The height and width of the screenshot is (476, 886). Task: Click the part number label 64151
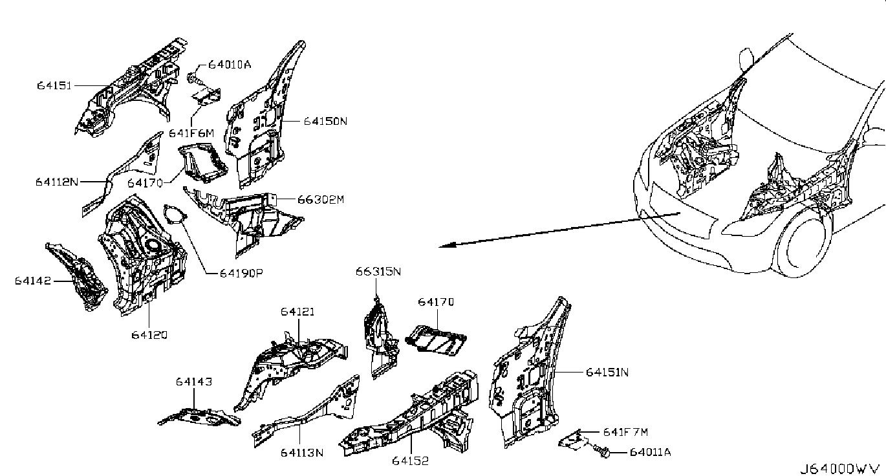[x=54, y=85]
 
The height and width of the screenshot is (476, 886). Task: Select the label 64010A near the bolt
[x=230, y=65]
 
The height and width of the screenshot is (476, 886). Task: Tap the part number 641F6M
[x=191, y=133]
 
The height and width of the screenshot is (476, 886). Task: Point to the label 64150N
[x=325, y=121]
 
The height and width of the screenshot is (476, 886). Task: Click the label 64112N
[x=57, y=182]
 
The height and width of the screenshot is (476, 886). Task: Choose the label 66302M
[x=321, y=199]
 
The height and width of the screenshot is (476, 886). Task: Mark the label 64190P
[x=241, y=273]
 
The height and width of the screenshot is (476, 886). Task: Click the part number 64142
[x=33, y=281]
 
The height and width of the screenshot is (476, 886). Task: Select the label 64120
[x=149, y=335]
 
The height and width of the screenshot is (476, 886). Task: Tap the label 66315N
[x=378, y=272]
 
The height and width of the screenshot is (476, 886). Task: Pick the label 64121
[x=297, y=312]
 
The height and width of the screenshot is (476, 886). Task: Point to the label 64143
[x=194, y=382]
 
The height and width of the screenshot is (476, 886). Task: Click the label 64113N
[x=302, y=453]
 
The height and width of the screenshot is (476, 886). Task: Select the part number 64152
[x=410, y=461]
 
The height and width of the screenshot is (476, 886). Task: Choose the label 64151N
[x=607, y=373]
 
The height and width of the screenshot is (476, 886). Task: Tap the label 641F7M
[x=625, y=432]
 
